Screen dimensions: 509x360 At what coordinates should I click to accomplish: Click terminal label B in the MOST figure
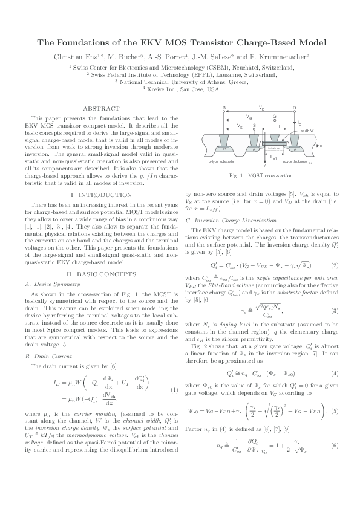(x=224, y=108)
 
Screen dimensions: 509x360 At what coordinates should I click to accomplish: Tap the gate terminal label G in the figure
(x=274, y=116)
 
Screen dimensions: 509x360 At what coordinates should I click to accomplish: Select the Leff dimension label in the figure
(x=273, y=157)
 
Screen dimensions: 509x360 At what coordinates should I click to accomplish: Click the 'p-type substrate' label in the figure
(x=221, y=162)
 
